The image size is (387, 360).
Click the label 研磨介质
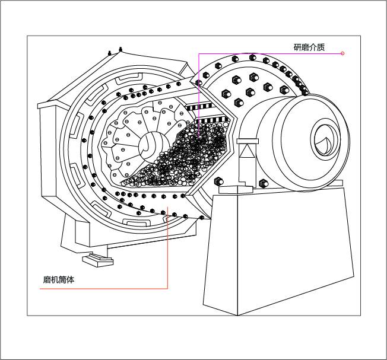(309, 47)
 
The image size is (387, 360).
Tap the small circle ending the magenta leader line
(342, 54)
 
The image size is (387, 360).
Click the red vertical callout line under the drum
(168, 249)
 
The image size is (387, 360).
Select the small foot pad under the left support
(96, 259)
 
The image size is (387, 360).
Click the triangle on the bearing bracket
(246, 152)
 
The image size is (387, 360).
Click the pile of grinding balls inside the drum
(190, 160)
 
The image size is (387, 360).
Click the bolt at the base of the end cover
(217, 180)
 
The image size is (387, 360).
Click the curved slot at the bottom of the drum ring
(137, 222)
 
